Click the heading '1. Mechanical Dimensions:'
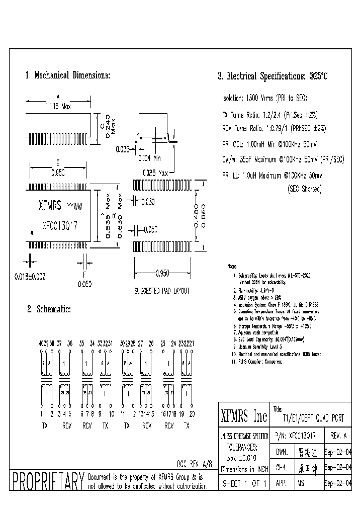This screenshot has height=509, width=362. pyautogui.click(x=67, y=75)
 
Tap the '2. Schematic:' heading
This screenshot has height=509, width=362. pyautogui.click(x=49, y=309)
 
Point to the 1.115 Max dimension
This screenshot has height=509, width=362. pyautogui.click(x=58, y=107)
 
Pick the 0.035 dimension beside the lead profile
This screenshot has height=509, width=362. pyautogui.click(x=122, y=149)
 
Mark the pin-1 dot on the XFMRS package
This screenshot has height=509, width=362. pyautogui.click(x=33, y=232)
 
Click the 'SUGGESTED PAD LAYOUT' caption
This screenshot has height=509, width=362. pyautogui.click(x=161, y=291)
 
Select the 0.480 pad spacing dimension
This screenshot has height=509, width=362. pyautogui.click(x=197, y=216)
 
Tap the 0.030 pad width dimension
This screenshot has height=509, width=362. pyautogui.click(x=147, y=201)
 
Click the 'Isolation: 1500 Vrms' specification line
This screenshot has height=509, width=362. pyautogui.click(x=264, y=98)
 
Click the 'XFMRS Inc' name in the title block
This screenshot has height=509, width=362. pyautogui.click(x=244, y=416)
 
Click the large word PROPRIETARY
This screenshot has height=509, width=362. pyautogui.click(x=48, y=482)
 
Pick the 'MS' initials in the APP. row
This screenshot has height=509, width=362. pyautogui.click(x=301, y=483)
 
